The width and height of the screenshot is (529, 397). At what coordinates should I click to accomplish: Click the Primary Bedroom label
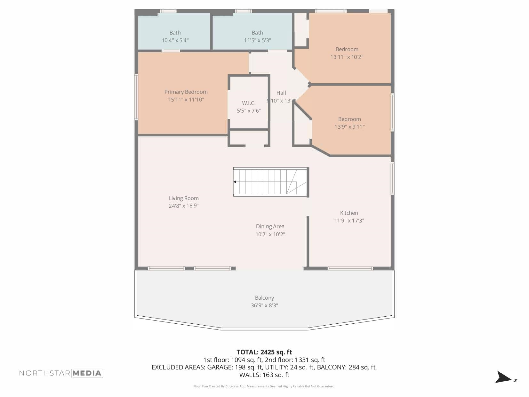click(186, 92)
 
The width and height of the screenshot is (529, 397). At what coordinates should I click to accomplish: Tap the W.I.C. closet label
click(249, 103)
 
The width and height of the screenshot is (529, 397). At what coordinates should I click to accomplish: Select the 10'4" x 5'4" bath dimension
click(175, 40)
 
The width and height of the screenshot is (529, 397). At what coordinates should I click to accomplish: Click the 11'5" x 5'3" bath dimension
click(257, 40)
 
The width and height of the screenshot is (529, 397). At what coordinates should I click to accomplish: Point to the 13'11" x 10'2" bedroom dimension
click(347, 57)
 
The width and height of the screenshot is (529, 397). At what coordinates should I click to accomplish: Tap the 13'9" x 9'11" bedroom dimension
click(349, 127)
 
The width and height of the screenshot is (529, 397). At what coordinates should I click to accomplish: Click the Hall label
click(281, 93)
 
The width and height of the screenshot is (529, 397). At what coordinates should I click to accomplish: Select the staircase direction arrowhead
click(235, 182)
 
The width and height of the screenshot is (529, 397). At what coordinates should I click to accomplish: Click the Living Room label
click(184, 198)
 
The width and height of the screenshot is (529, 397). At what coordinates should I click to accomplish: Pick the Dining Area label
click(270, 226)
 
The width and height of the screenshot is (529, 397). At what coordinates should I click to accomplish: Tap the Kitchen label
click(349, 213)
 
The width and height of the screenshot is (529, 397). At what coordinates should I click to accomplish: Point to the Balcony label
click(264, 298)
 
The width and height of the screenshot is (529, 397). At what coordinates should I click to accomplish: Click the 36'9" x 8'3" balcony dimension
click(264, 305)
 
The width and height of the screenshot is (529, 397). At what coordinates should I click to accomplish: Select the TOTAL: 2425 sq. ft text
click(264, 352)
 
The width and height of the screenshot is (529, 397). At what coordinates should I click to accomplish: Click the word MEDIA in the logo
click(87, 373)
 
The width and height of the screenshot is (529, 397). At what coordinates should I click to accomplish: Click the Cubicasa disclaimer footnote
click(264, 386)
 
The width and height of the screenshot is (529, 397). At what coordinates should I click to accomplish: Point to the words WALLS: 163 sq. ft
click(264, 375)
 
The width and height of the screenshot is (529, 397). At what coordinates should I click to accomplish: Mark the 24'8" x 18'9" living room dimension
click(184, 206)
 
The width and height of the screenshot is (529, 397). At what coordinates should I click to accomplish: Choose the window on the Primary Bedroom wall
click(136, 97)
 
